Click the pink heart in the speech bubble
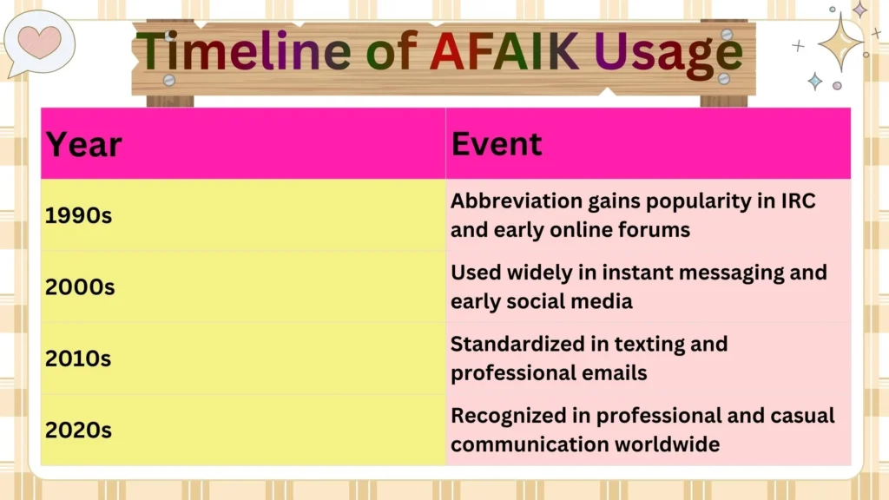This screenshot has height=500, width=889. click(40, 42)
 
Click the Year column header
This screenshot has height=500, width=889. click(83, 144)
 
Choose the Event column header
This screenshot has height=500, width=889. click(497, 143)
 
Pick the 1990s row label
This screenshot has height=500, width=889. click(79, 216)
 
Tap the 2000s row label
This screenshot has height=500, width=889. click(80, 287)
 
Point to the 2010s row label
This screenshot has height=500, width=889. click(78, 359)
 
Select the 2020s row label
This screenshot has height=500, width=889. click(79, 430)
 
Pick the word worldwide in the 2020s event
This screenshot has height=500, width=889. click(668, 444)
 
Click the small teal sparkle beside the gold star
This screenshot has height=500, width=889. click(814, 81)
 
